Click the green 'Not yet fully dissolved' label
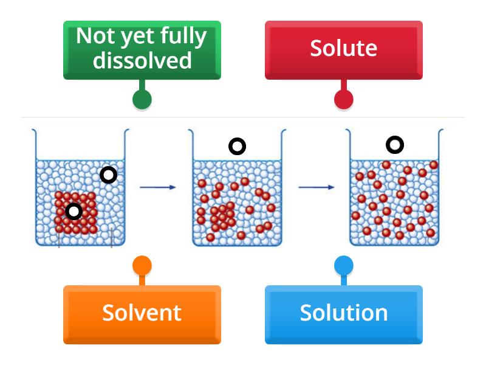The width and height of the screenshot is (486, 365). point(142,49)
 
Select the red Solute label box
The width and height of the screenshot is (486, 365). point(343,49)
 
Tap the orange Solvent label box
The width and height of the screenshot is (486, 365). point(142,313)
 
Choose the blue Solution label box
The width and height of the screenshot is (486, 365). point(343,313)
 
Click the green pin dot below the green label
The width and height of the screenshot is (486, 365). point(142,99)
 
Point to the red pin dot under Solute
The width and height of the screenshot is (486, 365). point(343,99)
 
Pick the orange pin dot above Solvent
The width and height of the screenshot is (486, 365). point(142,266)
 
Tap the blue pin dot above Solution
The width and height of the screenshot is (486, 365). point(343,266)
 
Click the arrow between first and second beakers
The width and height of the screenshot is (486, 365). point(157,187)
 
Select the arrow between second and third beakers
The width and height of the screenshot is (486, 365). point(316,187)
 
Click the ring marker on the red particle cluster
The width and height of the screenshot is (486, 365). point(74,211)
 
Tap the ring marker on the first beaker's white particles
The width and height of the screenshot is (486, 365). point(108,175)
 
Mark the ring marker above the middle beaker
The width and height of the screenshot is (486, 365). point(237,146)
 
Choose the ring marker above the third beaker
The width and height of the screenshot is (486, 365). point(395,145)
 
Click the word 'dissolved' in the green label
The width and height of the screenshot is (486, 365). point(142,60)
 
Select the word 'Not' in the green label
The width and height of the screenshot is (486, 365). point(95,36)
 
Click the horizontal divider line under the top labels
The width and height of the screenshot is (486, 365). point(243,117)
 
